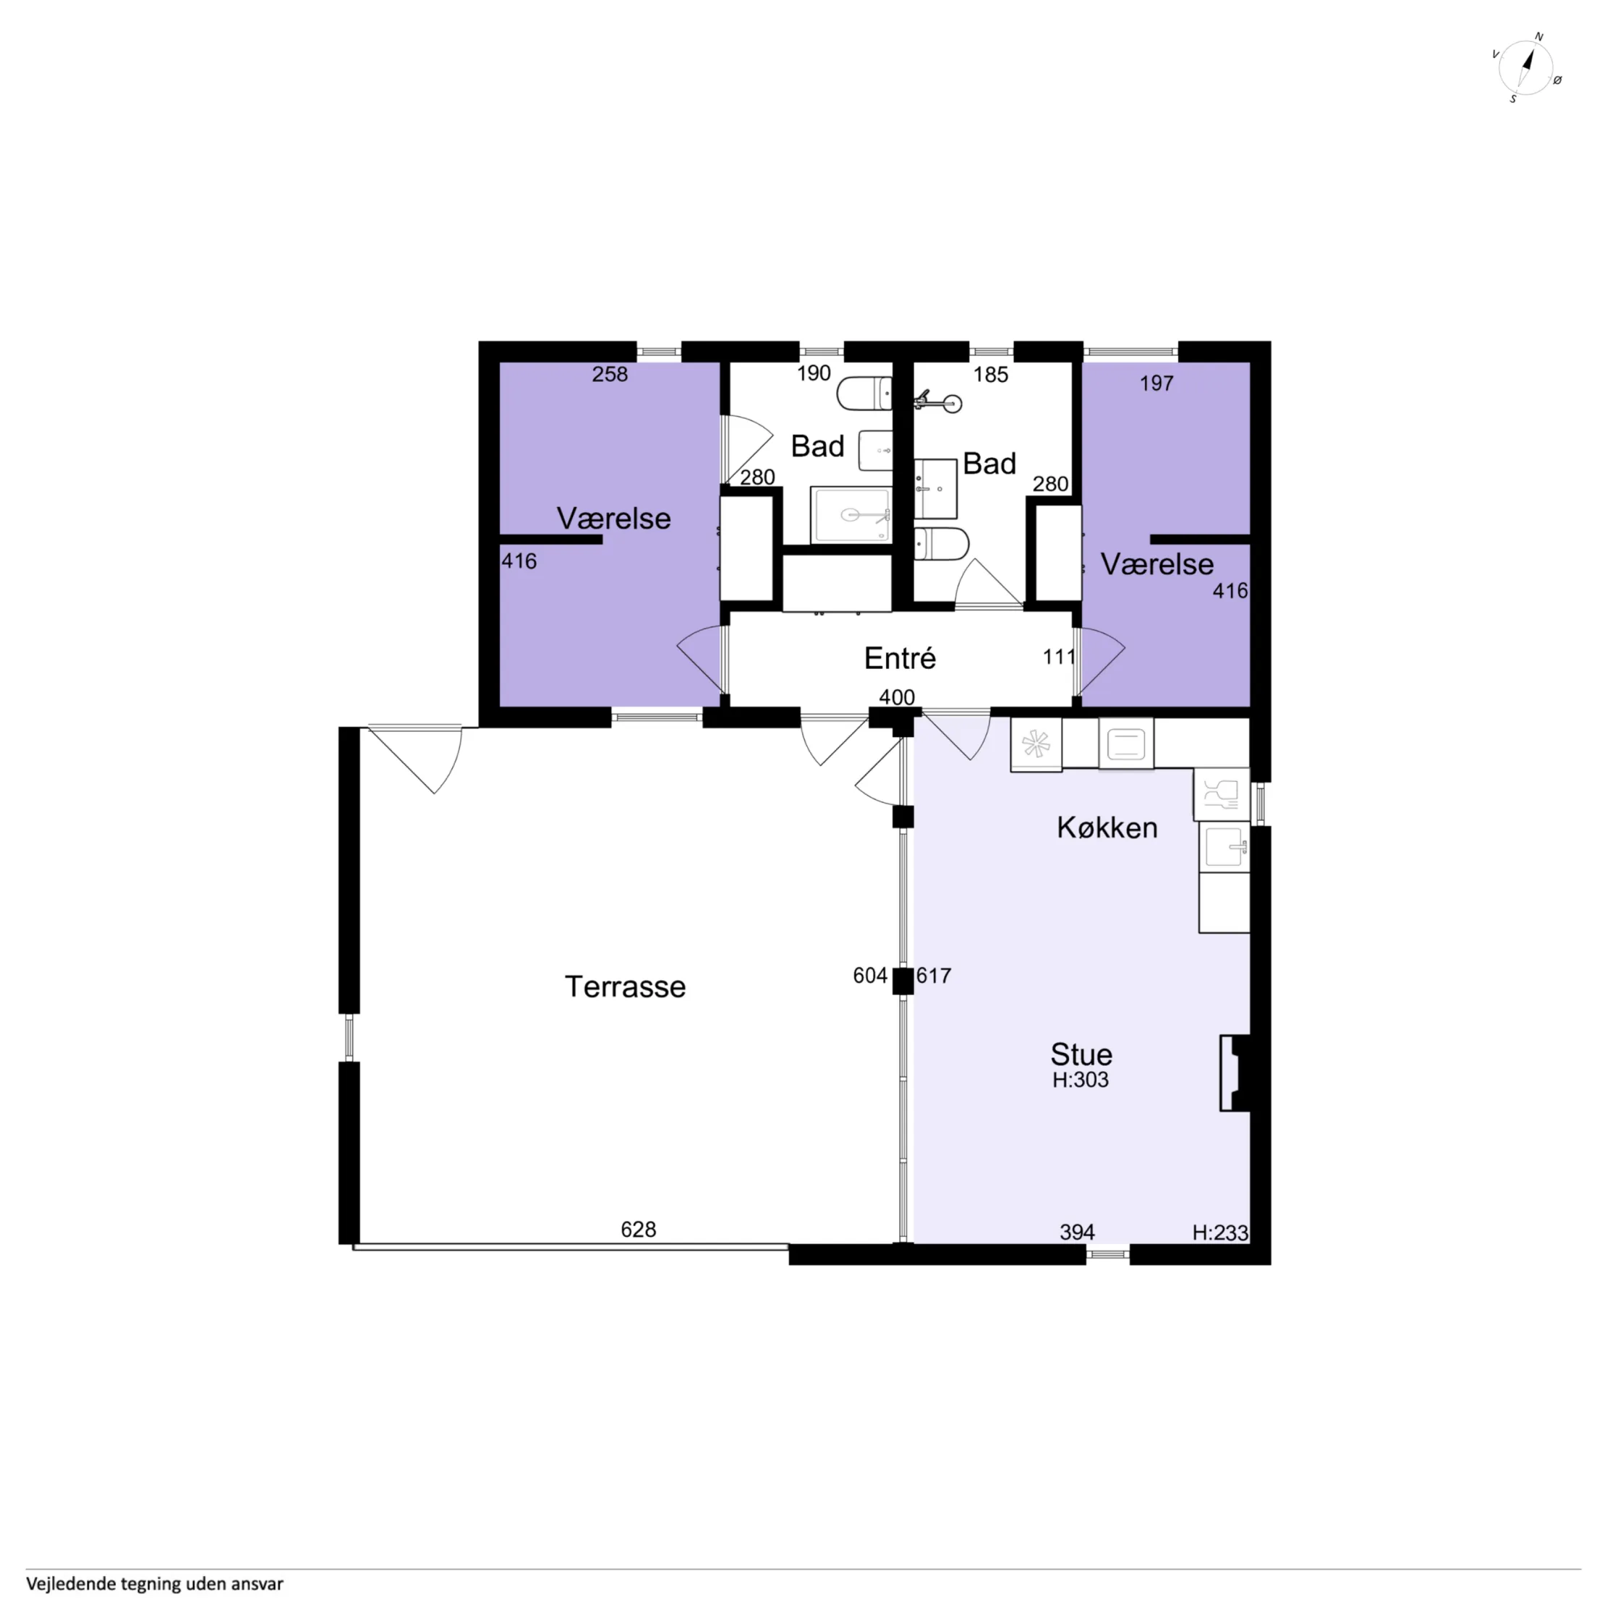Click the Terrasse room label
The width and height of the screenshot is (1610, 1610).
[x=625, y=987]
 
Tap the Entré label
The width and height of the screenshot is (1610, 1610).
[x=900, y=658]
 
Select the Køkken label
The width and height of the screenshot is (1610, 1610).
[x=1107, y=827]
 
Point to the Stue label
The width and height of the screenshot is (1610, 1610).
[x=1081, y=1055]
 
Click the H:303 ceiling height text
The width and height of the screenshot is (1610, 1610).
[x=1080, y=1080]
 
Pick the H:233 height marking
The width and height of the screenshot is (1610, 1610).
[x=1220, y=1232]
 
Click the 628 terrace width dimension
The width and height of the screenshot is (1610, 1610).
[x=639, y=1229]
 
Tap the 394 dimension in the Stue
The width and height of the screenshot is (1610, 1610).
[x=1077, y=1232]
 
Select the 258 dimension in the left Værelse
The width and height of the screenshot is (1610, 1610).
[x=610, y=374]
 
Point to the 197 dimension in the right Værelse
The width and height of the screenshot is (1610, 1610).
[x=1157, y=383]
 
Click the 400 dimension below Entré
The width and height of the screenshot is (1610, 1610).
[x=897, y=697]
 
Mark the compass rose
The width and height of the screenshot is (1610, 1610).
[x=1526, y=67]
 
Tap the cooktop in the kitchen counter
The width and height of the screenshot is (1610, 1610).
[x=1036, y=744]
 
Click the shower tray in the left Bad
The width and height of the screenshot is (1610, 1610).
[x=851, y=515]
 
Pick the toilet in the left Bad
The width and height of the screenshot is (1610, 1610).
[x=864, y=393]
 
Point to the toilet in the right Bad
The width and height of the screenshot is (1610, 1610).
[x=942, y=544]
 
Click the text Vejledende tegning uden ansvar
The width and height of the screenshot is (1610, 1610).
[x=155, y=1583]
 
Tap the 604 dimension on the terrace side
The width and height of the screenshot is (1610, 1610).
[x=870, y=975]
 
